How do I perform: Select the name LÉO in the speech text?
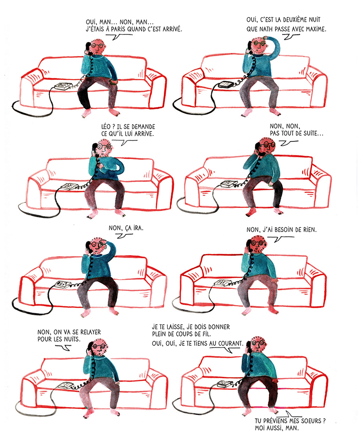(106, 126)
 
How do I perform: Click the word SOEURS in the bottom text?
(311, 421)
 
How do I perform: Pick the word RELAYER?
(90, 332)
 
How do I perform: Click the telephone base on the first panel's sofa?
(63, 86)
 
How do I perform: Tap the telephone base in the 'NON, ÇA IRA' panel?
(63, 285)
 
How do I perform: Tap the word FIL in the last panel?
(206, 334)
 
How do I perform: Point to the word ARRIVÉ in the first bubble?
(172, 29)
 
